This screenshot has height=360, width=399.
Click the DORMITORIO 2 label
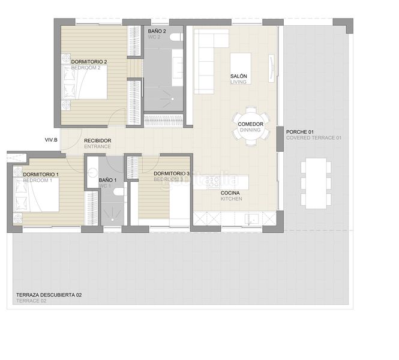pos(89,62)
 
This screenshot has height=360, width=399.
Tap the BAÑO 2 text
pos(157,31)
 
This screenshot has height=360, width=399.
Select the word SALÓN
pos(239,76)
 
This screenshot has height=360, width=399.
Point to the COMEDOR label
pos(250,124)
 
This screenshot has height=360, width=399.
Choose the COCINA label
pos(231,193)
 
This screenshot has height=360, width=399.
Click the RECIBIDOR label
pos(97,140)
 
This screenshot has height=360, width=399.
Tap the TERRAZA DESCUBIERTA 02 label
pos(49,295)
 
